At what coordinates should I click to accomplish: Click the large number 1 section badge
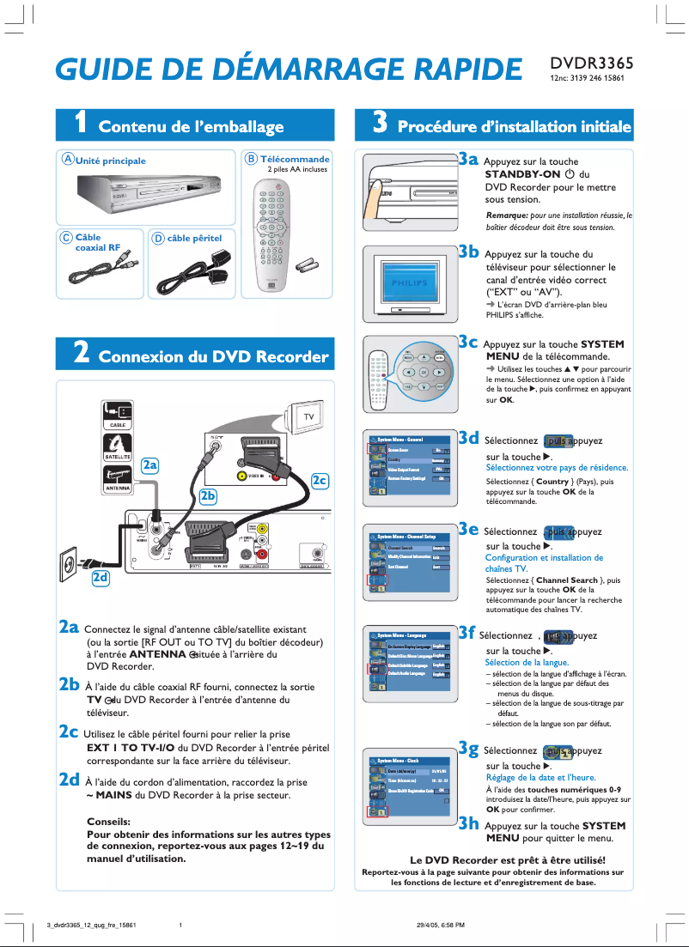click(x=78, y=125)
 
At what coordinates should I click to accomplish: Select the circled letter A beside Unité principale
click(x=66, y=160)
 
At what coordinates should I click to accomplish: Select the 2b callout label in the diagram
click(x=209, y=495)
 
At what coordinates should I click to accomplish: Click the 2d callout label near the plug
click(x=101, y=578)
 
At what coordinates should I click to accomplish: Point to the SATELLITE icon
click(x=118, y=446)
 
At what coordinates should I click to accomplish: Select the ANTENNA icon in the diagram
click(x=118, y=478)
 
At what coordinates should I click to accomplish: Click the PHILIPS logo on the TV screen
click(x=409, y=283)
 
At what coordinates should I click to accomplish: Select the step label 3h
click(x=467, y=823)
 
